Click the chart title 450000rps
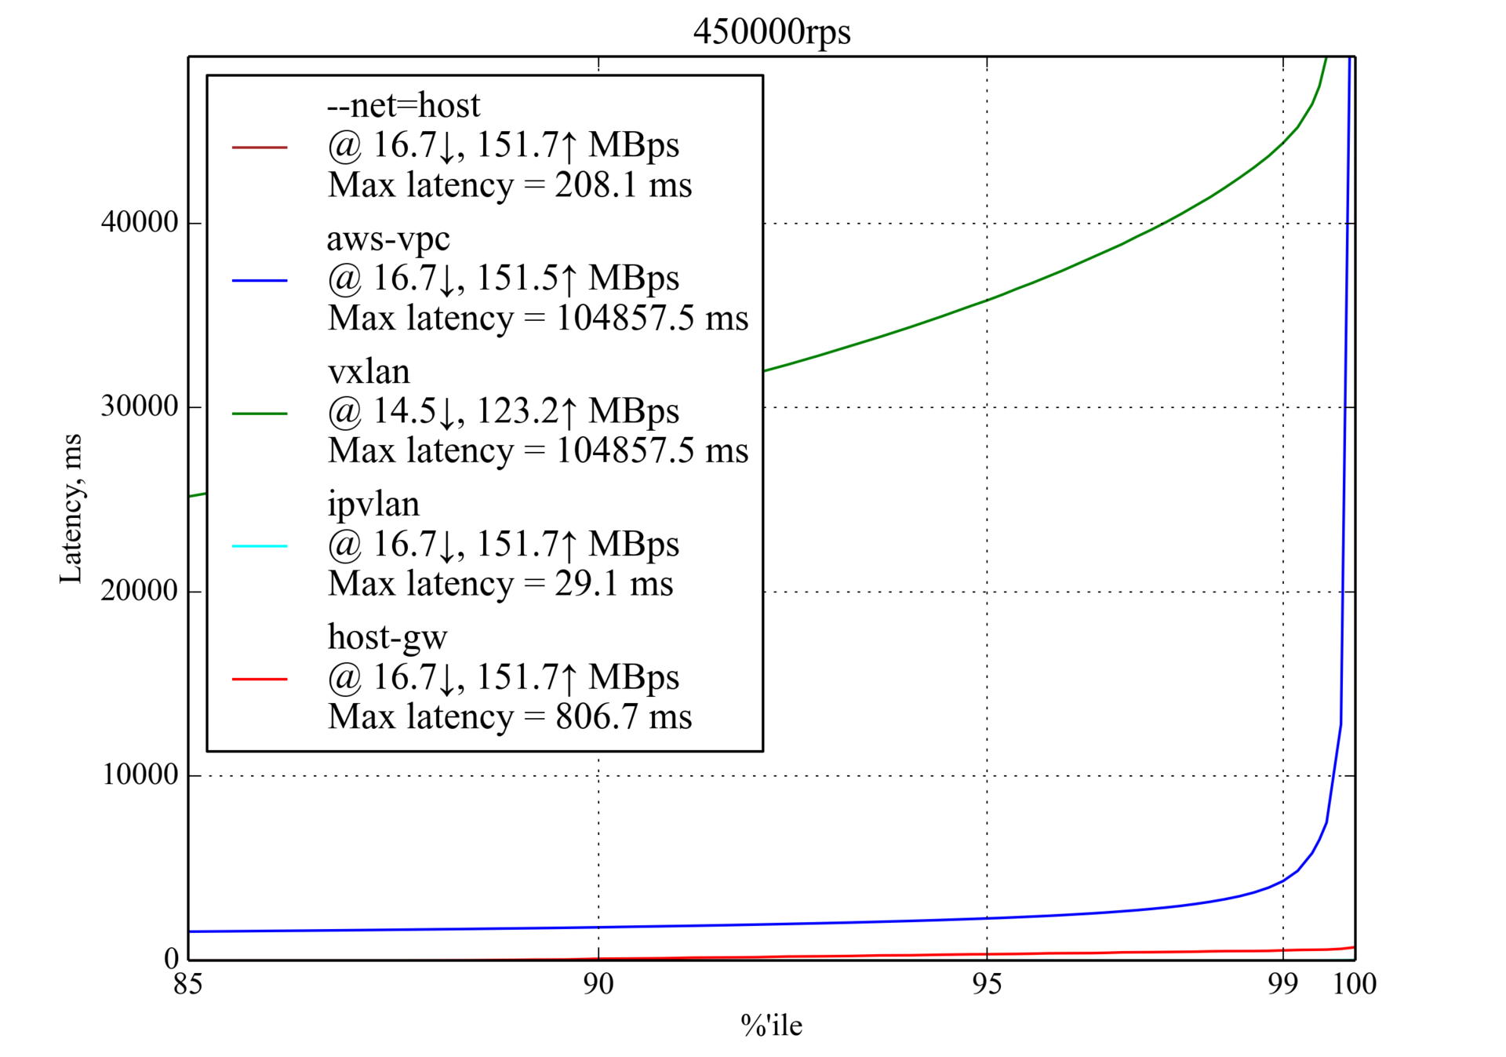(772, 32)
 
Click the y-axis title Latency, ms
(71, 508)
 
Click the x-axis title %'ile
(771, 1026)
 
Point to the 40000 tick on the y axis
(140, 223)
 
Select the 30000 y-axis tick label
(140, 406)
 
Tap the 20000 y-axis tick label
(140, 591)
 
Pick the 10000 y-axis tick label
(140, 775)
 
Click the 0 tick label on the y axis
(171, 958)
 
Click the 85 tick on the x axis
(188, 984)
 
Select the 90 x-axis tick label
(598, 984)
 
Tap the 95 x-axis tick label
(987, 984)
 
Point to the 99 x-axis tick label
(1282, 984)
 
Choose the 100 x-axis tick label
(1355, 984)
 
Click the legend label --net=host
(403, 105)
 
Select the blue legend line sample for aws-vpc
(260, 280)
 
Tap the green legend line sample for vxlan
(260, 413)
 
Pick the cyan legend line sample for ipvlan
(260, 545)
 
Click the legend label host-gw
(387, 637)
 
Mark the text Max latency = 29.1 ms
(500, 584)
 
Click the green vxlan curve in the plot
(987, 300)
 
